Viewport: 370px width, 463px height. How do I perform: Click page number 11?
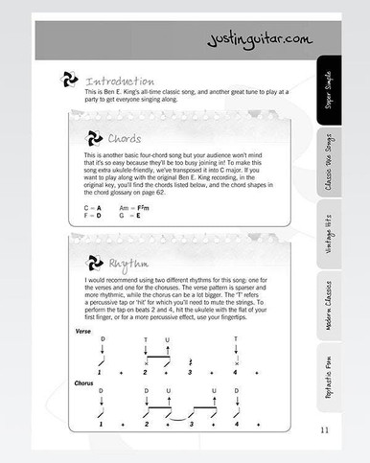point(325,428)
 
